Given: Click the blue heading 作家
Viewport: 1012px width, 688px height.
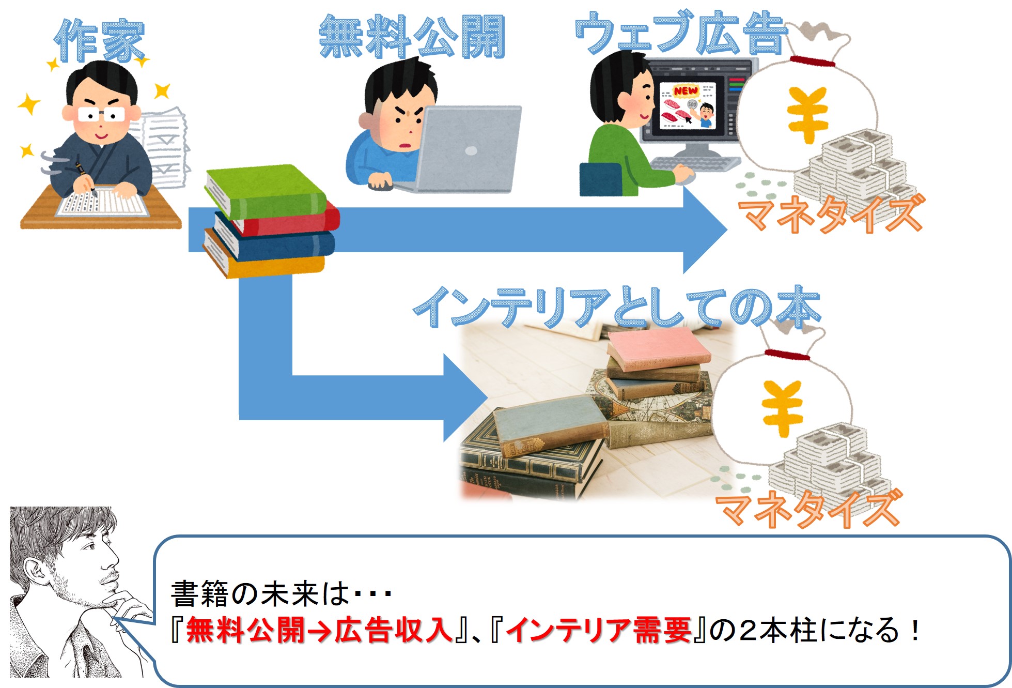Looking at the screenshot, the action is click(100, 41).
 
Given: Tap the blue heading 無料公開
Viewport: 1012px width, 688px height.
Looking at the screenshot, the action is click(412, 36).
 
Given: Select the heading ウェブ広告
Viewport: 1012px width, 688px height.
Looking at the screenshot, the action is click(681, 32).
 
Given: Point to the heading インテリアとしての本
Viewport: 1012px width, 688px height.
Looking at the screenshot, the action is click(617, 307).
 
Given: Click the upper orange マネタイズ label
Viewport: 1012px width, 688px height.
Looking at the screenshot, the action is click(830, 213).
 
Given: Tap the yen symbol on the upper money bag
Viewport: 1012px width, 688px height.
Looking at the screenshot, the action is click(807, 115).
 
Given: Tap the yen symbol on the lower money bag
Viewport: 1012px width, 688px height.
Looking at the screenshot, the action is click(783, 408).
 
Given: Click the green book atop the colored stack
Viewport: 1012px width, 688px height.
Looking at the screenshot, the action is click(266, 192).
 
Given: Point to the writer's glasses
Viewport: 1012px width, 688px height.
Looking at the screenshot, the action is click(101, 114).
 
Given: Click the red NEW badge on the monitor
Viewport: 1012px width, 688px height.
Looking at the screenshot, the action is click(686, 91).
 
